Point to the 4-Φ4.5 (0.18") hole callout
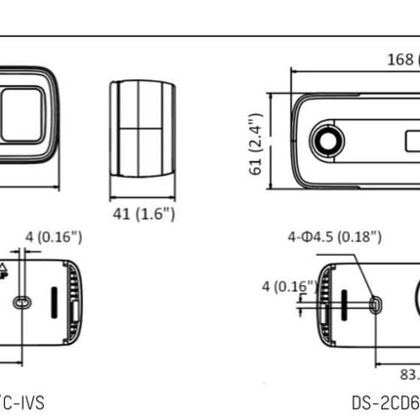click(x=335, y=236)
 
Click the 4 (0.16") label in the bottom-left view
click(x=55, y=236)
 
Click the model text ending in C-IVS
click(x=21, y=400)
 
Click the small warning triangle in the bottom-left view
click(x=30, y=266)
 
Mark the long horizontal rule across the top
click(x=210, y=35)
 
